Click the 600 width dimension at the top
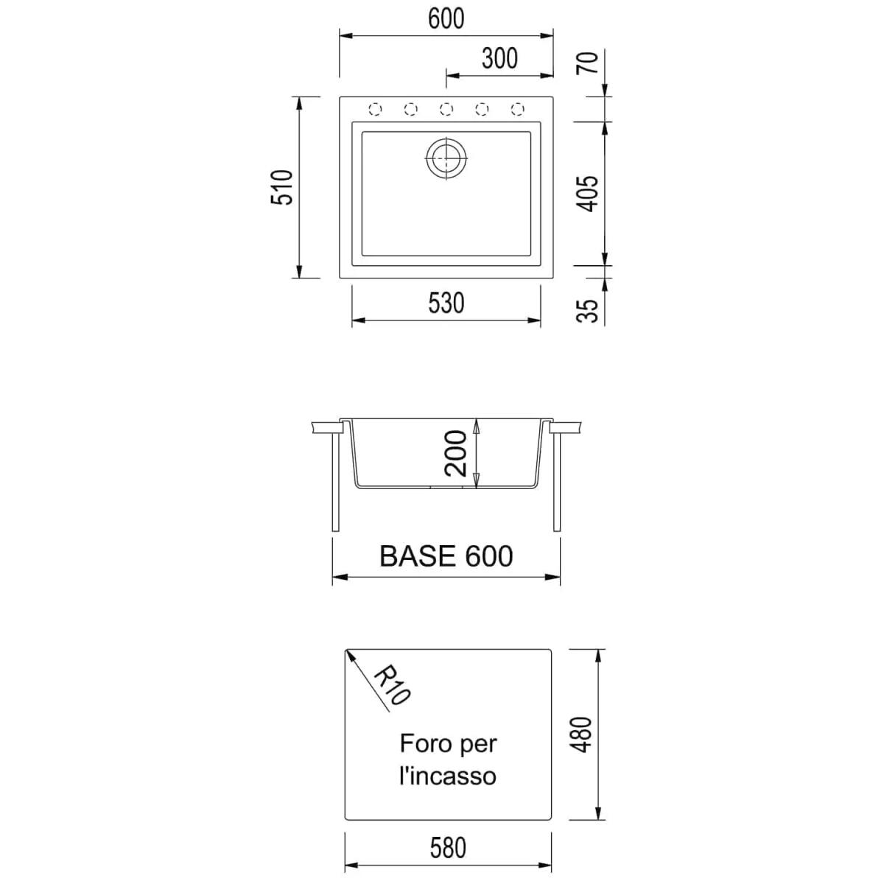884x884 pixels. (x=446, y=18)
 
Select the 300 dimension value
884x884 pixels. (x=499, y=58)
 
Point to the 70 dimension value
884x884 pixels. (x=588, y=63)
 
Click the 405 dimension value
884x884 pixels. (x=588, y=194)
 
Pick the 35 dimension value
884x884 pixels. (x=588, y=311)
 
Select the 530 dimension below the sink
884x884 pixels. (x=446, y=303)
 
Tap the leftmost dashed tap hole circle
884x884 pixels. (x=375, y=109)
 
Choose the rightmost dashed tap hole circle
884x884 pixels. (x=517, y=109)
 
